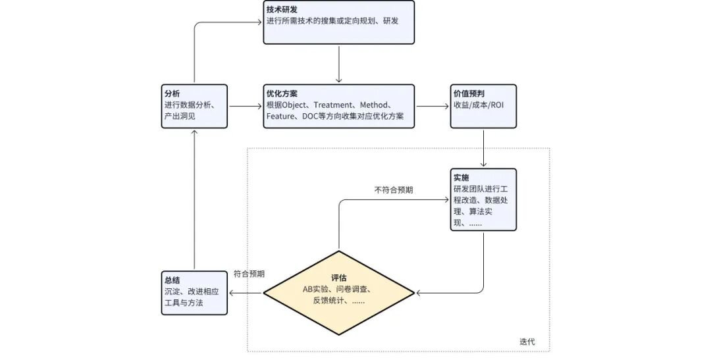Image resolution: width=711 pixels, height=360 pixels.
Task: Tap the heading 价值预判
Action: (469, 93)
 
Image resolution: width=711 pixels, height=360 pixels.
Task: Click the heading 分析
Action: (172, 93)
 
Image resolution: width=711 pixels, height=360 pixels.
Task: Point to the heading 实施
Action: (461, 178)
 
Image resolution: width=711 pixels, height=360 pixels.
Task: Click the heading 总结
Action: (172, 280)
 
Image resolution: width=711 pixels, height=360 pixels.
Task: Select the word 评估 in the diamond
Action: (339, 277)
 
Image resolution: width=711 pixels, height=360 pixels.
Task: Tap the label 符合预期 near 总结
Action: (249, 274)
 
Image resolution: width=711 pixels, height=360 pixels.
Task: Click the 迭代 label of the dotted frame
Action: (527, 342)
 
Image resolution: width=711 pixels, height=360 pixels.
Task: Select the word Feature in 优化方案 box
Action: (281, 116)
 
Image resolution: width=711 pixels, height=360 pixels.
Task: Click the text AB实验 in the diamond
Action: (319, 289)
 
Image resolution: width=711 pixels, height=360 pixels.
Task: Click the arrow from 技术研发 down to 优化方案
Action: (338, 64)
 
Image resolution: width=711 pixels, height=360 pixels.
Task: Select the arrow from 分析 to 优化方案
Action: (245, 106)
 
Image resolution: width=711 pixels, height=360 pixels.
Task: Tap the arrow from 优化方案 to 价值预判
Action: (431, 106)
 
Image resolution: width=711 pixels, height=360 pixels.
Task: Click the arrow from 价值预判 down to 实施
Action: (484, 147)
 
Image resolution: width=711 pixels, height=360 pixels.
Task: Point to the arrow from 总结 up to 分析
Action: (194, 197)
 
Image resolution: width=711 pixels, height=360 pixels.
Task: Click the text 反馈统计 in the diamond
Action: (329, 301)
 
